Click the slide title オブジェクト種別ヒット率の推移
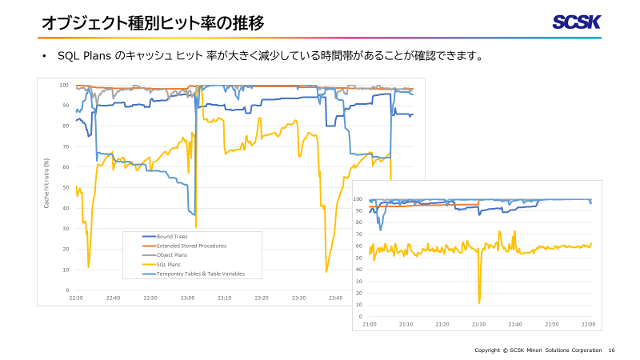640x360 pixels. click(153, 23)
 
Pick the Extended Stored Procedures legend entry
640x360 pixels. click(191, 246)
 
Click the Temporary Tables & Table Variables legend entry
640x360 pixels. click(200, 274)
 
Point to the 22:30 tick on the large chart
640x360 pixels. click(76, 298)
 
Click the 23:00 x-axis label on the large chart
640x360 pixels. click(187, 298)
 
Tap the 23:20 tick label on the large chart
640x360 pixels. click(262, 298)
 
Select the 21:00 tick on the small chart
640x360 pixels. click(370, 324)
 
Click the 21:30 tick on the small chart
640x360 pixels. click(478, 324)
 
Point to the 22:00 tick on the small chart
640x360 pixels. click(588, 324)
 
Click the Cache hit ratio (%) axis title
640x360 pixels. click(47, 183)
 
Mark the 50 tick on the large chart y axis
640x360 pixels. click(64, 187)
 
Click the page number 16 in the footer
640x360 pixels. click(612, 350)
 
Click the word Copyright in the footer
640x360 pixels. click(487, 350)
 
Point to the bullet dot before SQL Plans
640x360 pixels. click(45, 57)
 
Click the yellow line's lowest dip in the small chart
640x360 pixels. click(479, 302)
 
